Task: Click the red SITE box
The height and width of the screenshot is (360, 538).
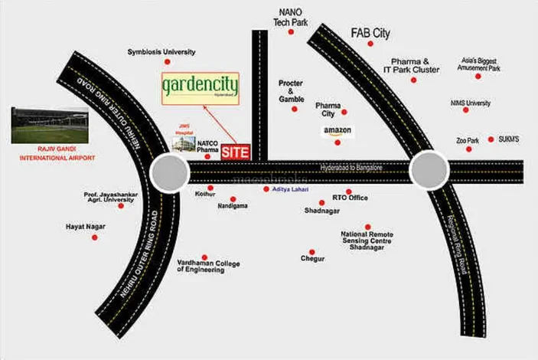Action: tap(235, 152)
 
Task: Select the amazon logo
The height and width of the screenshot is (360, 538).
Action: tap(337, 131)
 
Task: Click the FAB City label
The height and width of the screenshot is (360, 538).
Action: tap(370, 34)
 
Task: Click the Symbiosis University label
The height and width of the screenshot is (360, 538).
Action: tap(161, 52)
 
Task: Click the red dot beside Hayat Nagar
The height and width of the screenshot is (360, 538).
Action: tap(94, 237)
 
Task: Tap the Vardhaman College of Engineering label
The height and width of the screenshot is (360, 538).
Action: tap(209, 267)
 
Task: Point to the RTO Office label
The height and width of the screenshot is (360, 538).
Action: tap(350, 198)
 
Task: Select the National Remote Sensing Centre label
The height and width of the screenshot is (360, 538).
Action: tap(366, 240)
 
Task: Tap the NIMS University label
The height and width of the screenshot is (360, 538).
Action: tap(471, 103)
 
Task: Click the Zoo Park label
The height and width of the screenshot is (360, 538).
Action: tap(467, 140)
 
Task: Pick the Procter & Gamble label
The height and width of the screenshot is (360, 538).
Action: tap(292, 90)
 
